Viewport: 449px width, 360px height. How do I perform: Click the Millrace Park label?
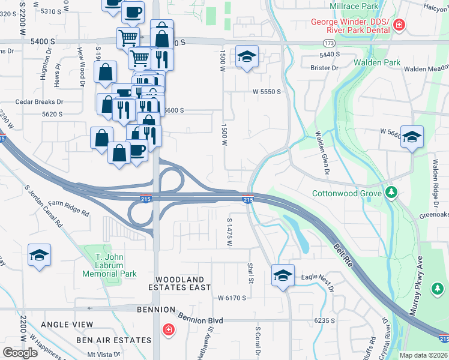coord(354,5)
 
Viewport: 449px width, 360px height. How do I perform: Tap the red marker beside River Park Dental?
coord(399,26)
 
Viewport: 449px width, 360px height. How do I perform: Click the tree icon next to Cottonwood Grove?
coord(391,193)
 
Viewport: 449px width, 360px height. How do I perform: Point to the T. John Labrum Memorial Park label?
coord(109,265)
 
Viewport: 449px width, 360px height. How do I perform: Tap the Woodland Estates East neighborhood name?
coord(183,284)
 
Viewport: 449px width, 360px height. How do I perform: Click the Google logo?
coord(20,352)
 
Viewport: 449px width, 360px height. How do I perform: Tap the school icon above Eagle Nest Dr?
coord(283,275)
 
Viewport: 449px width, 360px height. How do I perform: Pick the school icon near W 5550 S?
coord(247,57)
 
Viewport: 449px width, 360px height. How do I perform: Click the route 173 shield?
coord(328,43)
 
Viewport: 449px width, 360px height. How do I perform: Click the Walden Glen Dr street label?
coord(320,153)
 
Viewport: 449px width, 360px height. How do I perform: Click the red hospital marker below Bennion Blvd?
coord(169,329)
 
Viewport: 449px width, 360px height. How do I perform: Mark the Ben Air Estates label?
coord(113,340)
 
